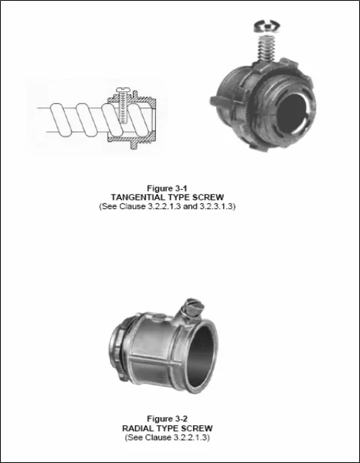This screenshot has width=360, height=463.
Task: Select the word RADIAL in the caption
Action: click(x=141, y=429)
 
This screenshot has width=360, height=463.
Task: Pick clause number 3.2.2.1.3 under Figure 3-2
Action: click(x=190, y=438)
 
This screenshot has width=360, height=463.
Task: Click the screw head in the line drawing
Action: click(x=122, y=91)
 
